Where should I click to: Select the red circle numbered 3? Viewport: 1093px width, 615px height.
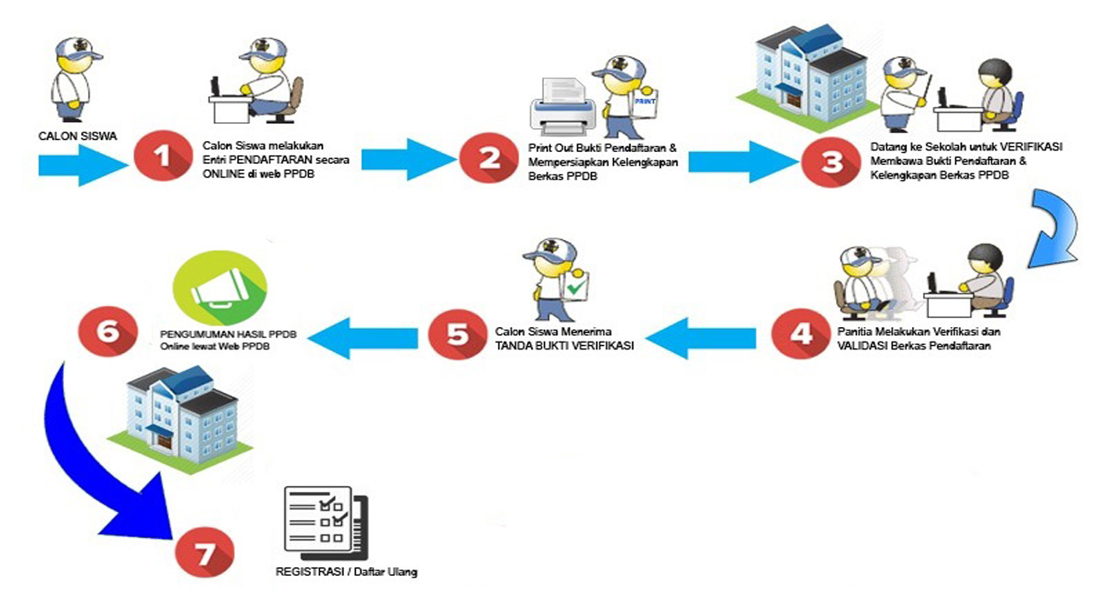point(831,163)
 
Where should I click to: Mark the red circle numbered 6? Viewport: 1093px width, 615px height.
point(108,330)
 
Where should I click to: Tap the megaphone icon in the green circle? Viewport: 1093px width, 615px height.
point(219,289)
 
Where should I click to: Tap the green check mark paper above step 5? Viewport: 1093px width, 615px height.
point(577,287)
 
